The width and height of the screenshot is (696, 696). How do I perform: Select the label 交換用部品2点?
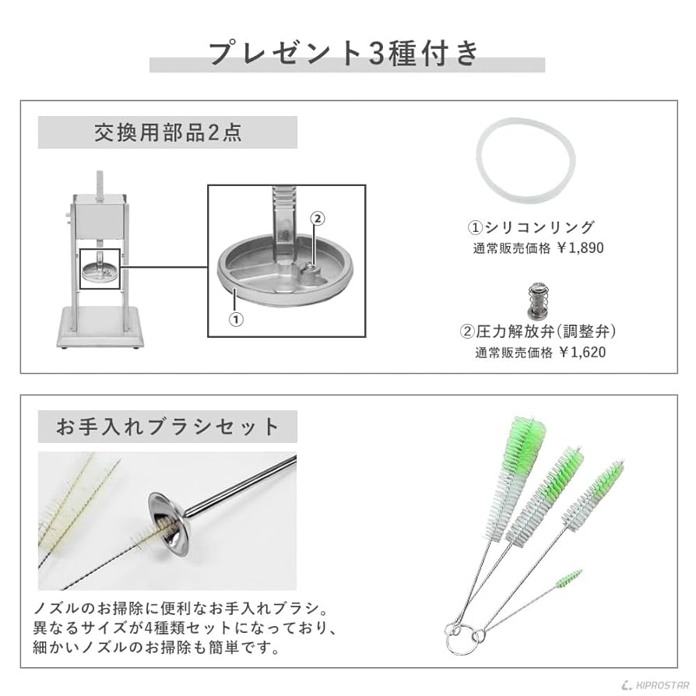pos(167,132)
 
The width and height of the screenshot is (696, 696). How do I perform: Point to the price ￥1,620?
pos(579,352)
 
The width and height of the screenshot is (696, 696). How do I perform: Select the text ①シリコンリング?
pos(530,227)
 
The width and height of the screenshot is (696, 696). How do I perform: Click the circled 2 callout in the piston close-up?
pos(316,219)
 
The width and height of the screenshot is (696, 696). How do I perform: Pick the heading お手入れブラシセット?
pos(167,427)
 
